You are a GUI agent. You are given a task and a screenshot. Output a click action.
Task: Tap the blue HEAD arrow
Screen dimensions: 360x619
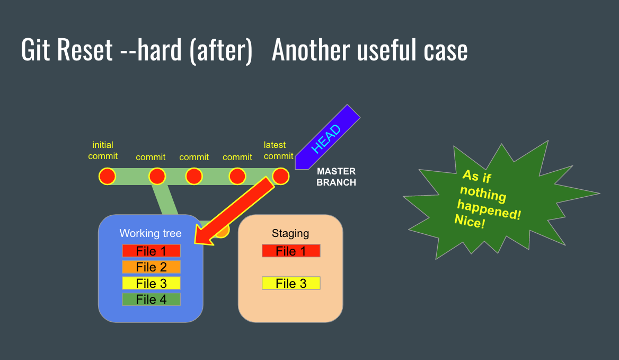click(x=326, y=137)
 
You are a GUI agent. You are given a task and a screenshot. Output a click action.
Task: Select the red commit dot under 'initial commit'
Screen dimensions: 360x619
click(x=107, y=176)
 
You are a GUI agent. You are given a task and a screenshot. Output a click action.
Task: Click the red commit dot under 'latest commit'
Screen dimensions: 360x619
click(x=280, y=176)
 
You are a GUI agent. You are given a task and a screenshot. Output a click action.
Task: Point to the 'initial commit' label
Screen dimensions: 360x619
click(x=103, y=150)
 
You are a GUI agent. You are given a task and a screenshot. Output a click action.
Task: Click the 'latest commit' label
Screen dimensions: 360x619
click(x=278, y=150)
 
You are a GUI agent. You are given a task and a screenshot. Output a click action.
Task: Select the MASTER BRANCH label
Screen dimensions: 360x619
click(x=336, y=177)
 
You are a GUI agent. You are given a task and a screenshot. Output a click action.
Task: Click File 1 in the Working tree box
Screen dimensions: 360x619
click(x=151, y=251)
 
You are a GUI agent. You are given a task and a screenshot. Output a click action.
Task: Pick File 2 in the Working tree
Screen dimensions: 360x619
click(x=151, y=267)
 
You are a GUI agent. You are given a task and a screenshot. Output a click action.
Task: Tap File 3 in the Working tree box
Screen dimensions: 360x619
click(x=151, y=283)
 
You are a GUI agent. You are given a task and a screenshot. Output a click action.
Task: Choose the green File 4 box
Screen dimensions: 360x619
click(x=151, y=300)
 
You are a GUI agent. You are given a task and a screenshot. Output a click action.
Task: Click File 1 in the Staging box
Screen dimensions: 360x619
click(x=291, y=251)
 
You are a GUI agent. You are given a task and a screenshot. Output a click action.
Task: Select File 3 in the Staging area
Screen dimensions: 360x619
click(x=291, y=283)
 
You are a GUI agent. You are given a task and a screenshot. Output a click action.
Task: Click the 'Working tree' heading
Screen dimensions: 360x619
click(x=151, y=233)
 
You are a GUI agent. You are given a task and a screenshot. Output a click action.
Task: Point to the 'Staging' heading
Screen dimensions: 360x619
click(x=290, y=233)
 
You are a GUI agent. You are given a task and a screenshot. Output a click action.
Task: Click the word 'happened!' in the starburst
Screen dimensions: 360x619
click(x=489, y=209)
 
